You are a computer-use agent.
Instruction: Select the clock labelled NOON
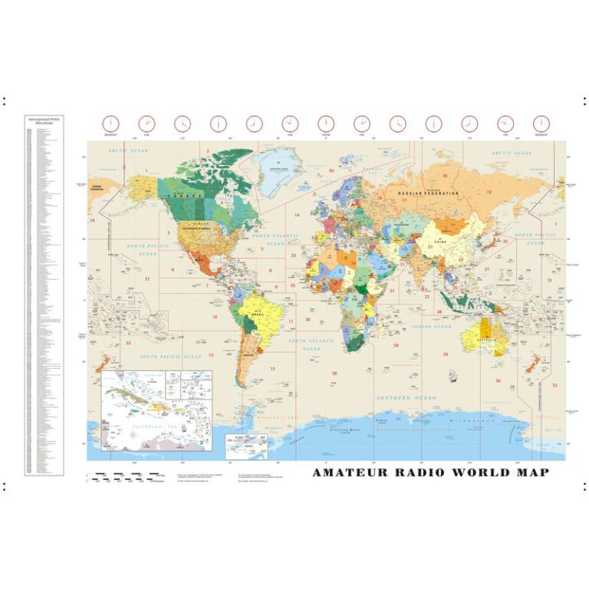click(325, 123)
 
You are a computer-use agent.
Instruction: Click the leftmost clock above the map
click(110, 123)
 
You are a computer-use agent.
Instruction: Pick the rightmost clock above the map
click(541, 123)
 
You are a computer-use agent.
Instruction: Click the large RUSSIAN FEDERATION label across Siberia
click(426, 193)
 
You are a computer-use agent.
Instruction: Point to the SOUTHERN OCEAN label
click(406, 398)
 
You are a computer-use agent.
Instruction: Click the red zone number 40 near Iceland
click(331, 170)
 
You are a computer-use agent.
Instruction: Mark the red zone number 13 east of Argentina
click(272, 368)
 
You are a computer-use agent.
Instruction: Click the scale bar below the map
click(127, 476)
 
